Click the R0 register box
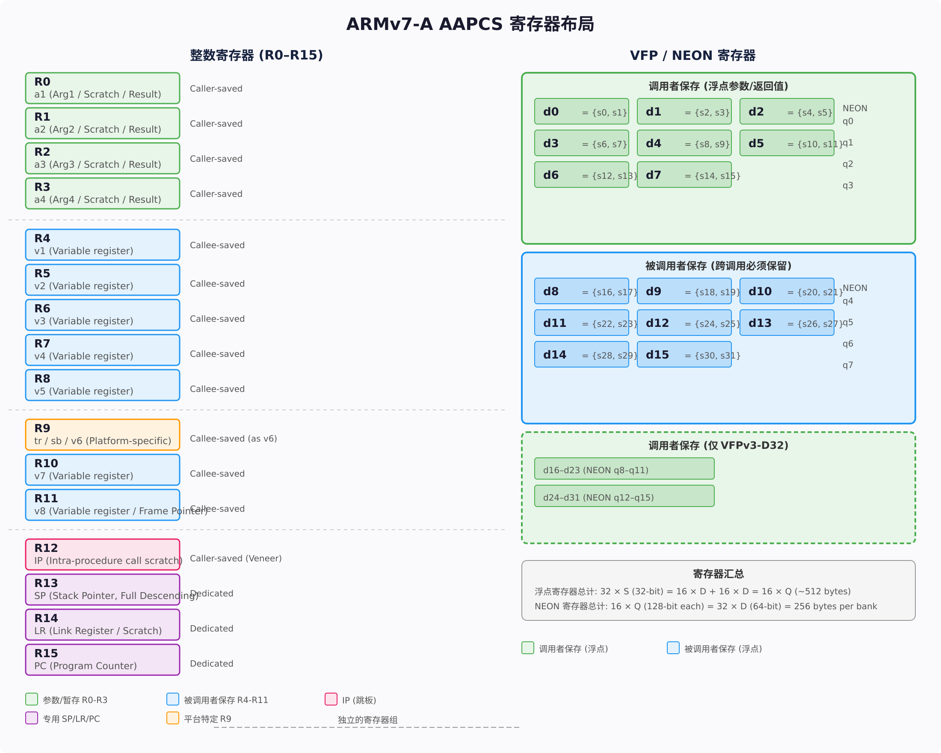(103, 88)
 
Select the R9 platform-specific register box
(103, 435)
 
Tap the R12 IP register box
(103, 554)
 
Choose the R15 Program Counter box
(103, 660)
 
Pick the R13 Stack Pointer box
(103, 589)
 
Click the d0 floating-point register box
(581, 111)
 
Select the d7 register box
(684, 175)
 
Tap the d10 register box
(787, 291)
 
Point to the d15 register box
(684, 354)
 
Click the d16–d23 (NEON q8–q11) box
(624, 469)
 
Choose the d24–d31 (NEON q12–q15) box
(624, 496)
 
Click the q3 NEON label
(848, 186)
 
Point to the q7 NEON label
(848, 365)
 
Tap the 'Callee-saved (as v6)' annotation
(234, 438)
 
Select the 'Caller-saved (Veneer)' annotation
(236, 558)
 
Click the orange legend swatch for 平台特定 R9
(173, 718)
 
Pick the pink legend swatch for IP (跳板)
(331, 700)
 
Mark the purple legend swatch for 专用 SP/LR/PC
(31, 718)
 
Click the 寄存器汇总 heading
(719, 574)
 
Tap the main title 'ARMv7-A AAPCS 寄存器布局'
(470, 24)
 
